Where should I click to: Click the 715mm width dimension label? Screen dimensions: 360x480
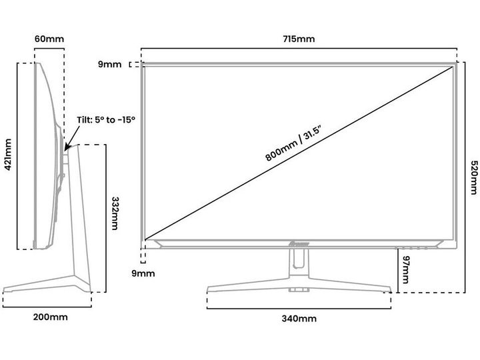click(299, 39)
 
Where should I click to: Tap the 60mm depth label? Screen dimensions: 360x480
click(50, 39)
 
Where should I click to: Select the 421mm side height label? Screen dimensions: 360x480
click(9, 155)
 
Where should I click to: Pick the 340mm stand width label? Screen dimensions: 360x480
click(298, 319)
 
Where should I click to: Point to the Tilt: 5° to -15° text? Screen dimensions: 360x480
click(106, 119)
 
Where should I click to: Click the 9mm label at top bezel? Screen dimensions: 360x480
click(109, 65)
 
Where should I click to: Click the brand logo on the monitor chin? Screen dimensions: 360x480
click(298, 245)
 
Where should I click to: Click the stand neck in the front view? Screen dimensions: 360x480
click(298, 263)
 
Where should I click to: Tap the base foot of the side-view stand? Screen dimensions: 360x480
click(47, 288)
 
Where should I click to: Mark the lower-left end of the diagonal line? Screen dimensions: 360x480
click(145, 239)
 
